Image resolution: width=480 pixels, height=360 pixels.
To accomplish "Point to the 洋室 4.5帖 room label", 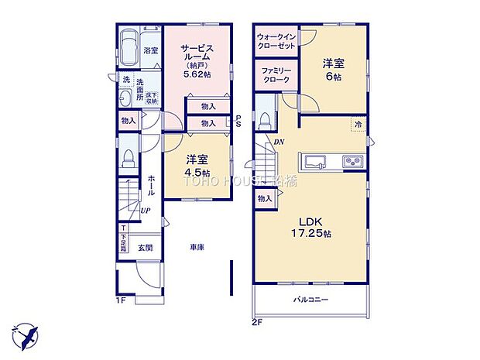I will [x=195, y=166].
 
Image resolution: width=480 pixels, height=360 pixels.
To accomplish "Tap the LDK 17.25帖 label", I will [x=310, y=229].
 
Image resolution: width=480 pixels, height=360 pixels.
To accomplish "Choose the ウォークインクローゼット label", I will [x=276, y=40].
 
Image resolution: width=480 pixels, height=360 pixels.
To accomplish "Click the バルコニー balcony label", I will [x=310, y=299].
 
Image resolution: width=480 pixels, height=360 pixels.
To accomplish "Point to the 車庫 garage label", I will [x=196, y=248].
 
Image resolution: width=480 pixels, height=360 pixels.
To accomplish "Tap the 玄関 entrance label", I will [x=145, y=248].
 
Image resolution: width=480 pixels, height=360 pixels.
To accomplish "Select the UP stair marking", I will [x=145, y=210].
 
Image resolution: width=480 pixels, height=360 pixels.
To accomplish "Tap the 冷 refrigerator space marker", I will [x=358, y=124].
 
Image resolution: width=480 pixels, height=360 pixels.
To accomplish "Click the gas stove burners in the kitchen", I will [x=351, y=162].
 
